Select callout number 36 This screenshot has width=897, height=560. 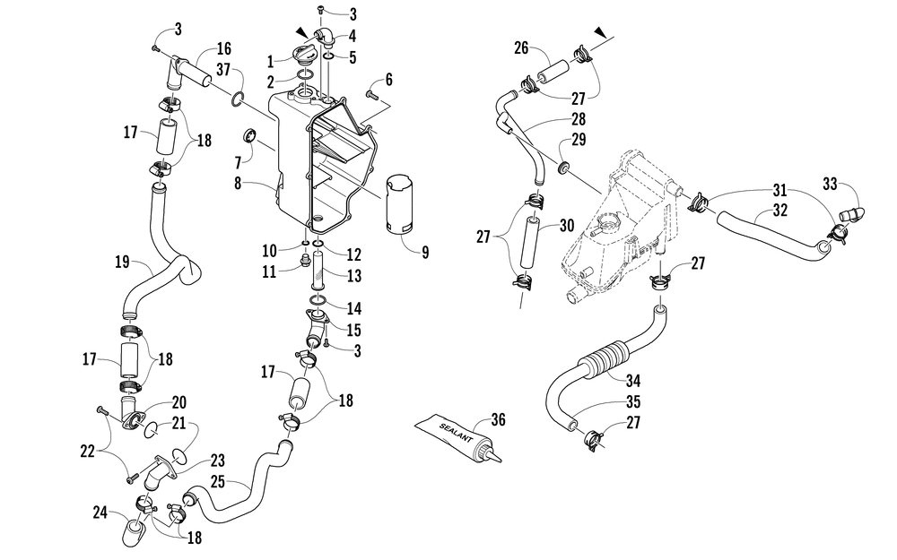pyautogui.click(x=498, y=419)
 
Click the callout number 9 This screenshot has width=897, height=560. pyautogui.click(x=425, y=252)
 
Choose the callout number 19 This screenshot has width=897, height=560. pyautogui.click(x=122, y=262)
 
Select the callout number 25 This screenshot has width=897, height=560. pyautogui.click(x=218, y=481)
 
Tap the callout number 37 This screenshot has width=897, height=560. pyautogui.click(x=223, y=70)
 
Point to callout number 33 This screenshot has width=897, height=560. pyautogui.click(x=830, y=184)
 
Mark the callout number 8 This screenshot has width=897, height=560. pyautogui.click(x=238, y=184)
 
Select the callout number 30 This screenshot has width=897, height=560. pyautogui.click(x=567, y=225)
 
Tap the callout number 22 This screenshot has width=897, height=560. pyautogui.click(x=87, y=452)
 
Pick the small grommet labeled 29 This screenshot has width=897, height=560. pyautogui.click(x=564, y=168)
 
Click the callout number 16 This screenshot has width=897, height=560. pyautogui.click(x=223, y=47)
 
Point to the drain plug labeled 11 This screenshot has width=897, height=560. pyautogui.click(x=304, y=263)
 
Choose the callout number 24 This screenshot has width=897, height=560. pyautogui.click(x=100, y=513)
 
